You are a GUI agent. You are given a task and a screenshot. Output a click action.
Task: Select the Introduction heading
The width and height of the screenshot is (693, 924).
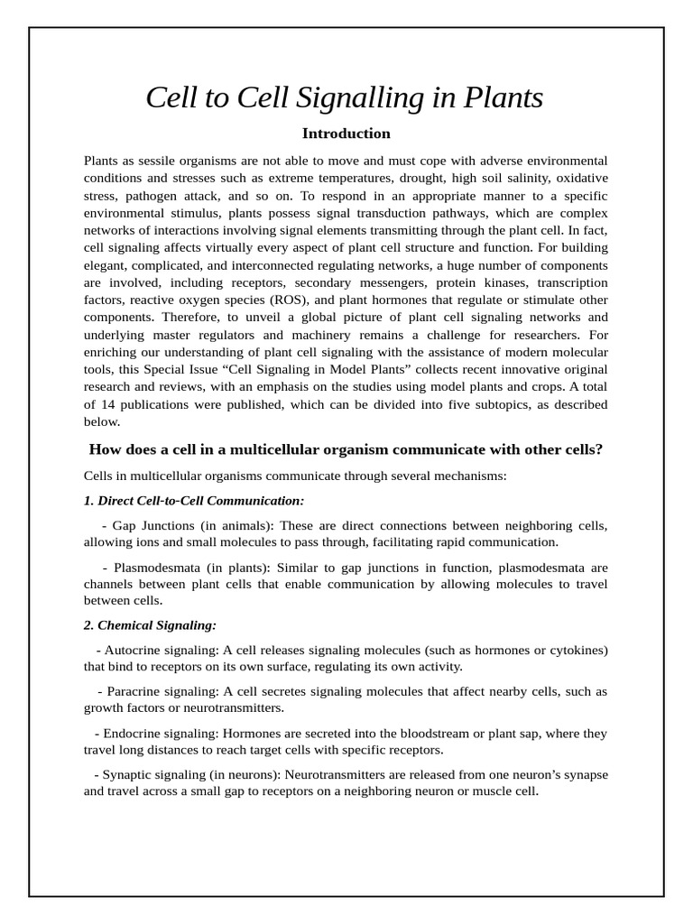click(x=346, y=134)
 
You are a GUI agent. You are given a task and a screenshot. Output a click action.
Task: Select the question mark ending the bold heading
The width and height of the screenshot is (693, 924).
click(x=599, y=449)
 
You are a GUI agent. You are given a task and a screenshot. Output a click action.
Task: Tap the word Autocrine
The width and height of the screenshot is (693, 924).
click(x=132, y=650)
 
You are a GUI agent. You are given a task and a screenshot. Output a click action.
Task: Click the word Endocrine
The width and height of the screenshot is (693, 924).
click(x=133, y=734)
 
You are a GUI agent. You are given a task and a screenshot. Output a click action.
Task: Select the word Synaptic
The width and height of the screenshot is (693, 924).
click(x=128, y=775)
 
